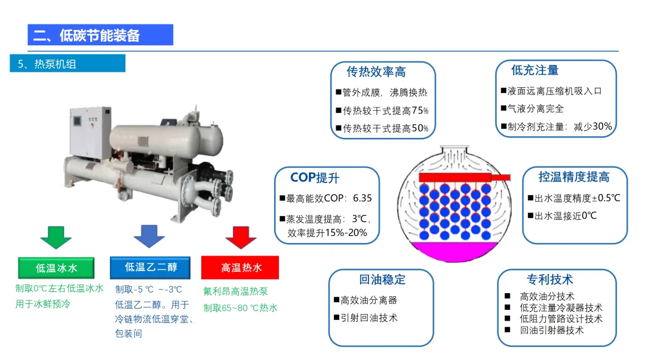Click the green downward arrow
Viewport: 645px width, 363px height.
tap(56, 236)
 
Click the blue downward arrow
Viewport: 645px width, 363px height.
tap(149, 236)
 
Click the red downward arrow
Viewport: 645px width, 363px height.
tap(241, 236)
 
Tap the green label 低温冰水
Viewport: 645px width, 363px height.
tap(56, 268)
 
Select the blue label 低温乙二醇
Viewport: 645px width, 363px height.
tap(150, 267)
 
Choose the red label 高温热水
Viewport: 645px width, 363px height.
tap(241, 267)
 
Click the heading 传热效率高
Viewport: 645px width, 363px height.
tap(376, 72)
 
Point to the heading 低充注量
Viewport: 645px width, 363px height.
tap(535, 70)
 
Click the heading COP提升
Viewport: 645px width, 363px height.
tap(315, 177)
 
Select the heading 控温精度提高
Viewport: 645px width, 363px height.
tap(574, 177)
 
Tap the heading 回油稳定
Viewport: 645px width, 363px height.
tap(382, 279)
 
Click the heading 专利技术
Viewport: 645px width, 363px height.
tap(549, 279)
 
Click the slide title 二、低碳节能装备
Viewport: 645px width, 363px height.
tap(87, 35)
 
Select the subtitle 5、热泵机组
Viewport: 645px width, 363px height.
tap(47, 64)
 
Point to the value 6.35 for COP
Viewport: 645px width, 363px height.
tap(362, 198)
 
